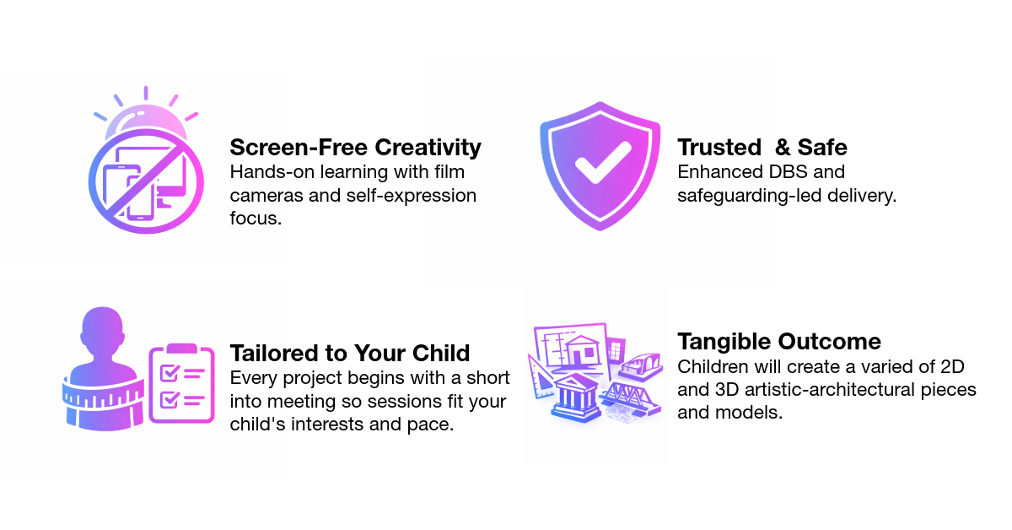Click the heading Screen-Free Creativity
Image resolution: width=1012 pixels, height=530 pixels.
coord(355,148)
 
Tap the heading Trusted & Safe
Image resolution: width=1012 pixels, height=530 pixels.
coord(762,148)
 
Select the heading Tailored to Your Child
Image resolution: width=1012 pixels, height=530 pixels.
coord(350,352)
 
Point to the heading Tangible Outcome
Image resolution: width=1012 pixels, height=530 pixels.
coord(779,342)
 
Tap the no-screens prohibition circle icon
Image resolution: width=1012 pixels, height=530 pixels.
coord(146,180)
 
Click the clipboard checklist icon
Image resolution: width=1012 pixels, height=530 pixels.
coord(181,383)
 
